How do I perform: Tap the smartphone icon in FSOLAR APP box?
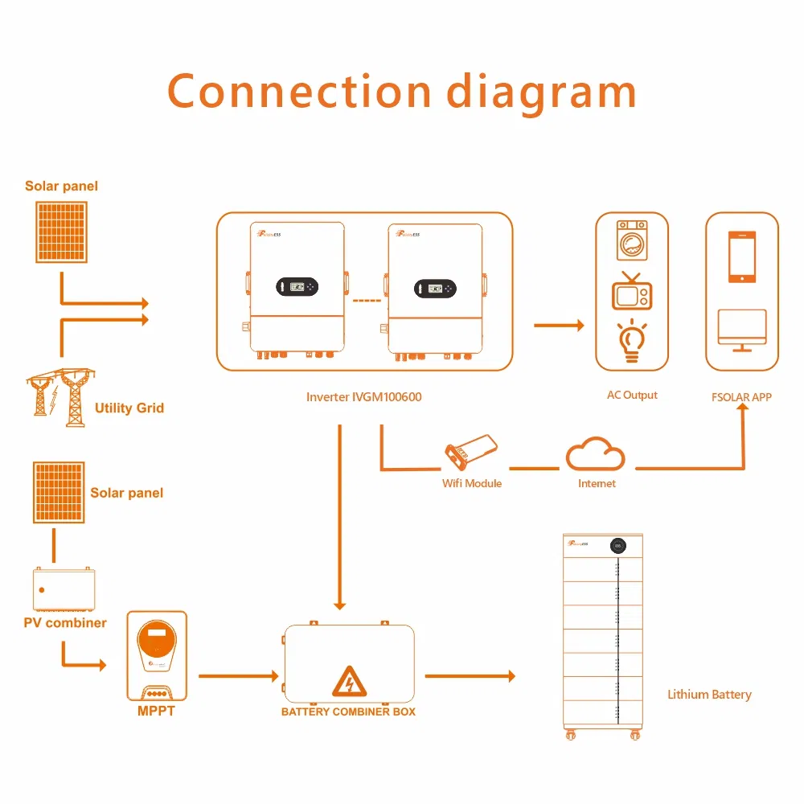[741, 257]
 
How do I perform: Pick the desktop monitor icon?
[741, 330]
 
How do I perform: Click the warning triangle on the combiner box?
[348, 681]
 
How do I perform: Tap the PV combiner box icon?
[64, 589]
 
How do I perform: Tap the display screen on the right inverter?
[435, 288]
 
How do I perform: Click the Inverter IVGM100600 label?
[363, 396]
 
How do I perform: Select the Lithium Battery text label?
[709, 694]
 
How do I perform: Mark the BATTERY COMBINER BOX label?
[348, 712]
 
